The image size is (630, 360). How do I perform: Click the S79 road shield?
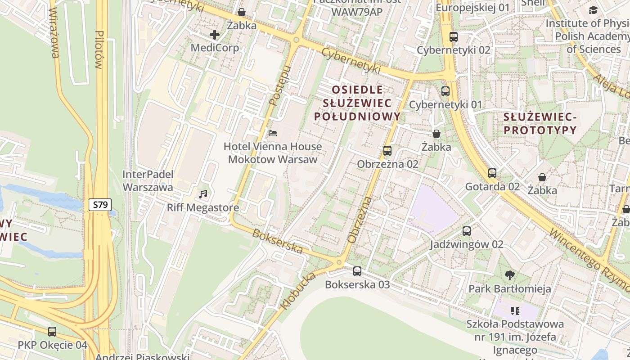coord(100,205)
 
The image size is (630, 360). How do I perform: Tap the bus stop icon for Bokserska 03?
coord(357,271)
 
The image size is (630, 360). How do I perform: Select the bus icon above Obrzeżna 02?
coord(387,151)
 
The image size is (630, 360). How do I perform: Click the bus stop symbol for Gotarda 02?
coord(492,173)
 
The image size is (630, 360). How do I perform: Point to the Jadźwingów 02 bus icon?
coord(467,231)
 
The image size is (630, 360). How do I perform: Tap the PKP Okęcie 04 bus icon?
coord(52,332)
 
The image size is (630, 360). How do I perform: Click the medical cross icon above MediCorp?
coord(215,34)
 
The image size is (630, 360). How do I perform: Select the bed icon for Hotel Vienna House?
coord(273,133)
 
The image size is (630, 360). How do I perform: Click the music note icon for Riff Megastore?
coord(203,194)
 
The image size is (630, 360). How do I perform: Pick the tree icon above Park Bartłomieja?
coord(510,275)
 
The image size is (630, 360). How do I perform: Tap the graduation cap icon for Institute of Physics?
coord(594,10)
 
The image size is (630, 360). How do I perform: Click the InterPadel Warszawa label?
coord(148,180)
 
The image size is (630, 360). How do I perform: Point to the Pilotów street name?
coord(99,49)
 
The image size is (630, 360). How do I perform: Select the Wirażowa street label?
coord(54,33)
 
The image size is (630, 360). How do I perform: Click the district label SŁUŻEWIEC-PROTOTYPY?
coord(540,124)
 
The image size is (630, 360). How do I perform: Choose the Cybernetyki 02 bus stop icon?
coord(454,37)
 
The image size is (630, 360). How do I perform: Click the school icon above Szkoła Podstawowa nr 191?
coord(515,310)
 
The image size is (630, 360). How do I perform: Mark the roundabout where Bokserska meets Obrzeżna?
coord(340,262)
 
